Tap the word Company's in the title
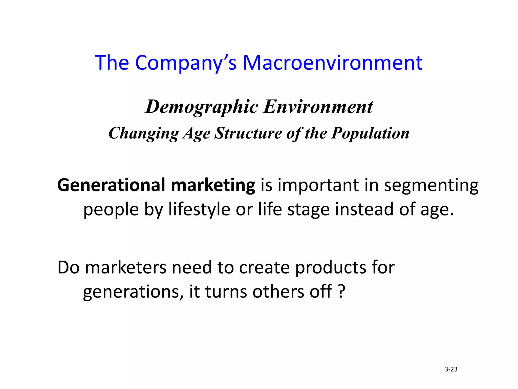[x=186, y=63]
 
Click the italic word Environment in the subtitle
[x=318, y=106]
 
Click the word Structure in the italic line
[x=248, y=133]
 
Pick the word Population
[x=370, y=133]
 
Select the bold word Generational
[x=111, y=185]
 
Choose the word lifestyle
[x=199, y=210]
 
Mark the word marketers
[x=126, y=267]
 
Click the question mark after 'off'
[x=341, y=291]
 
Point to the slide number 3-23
[x=451, y=369]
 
